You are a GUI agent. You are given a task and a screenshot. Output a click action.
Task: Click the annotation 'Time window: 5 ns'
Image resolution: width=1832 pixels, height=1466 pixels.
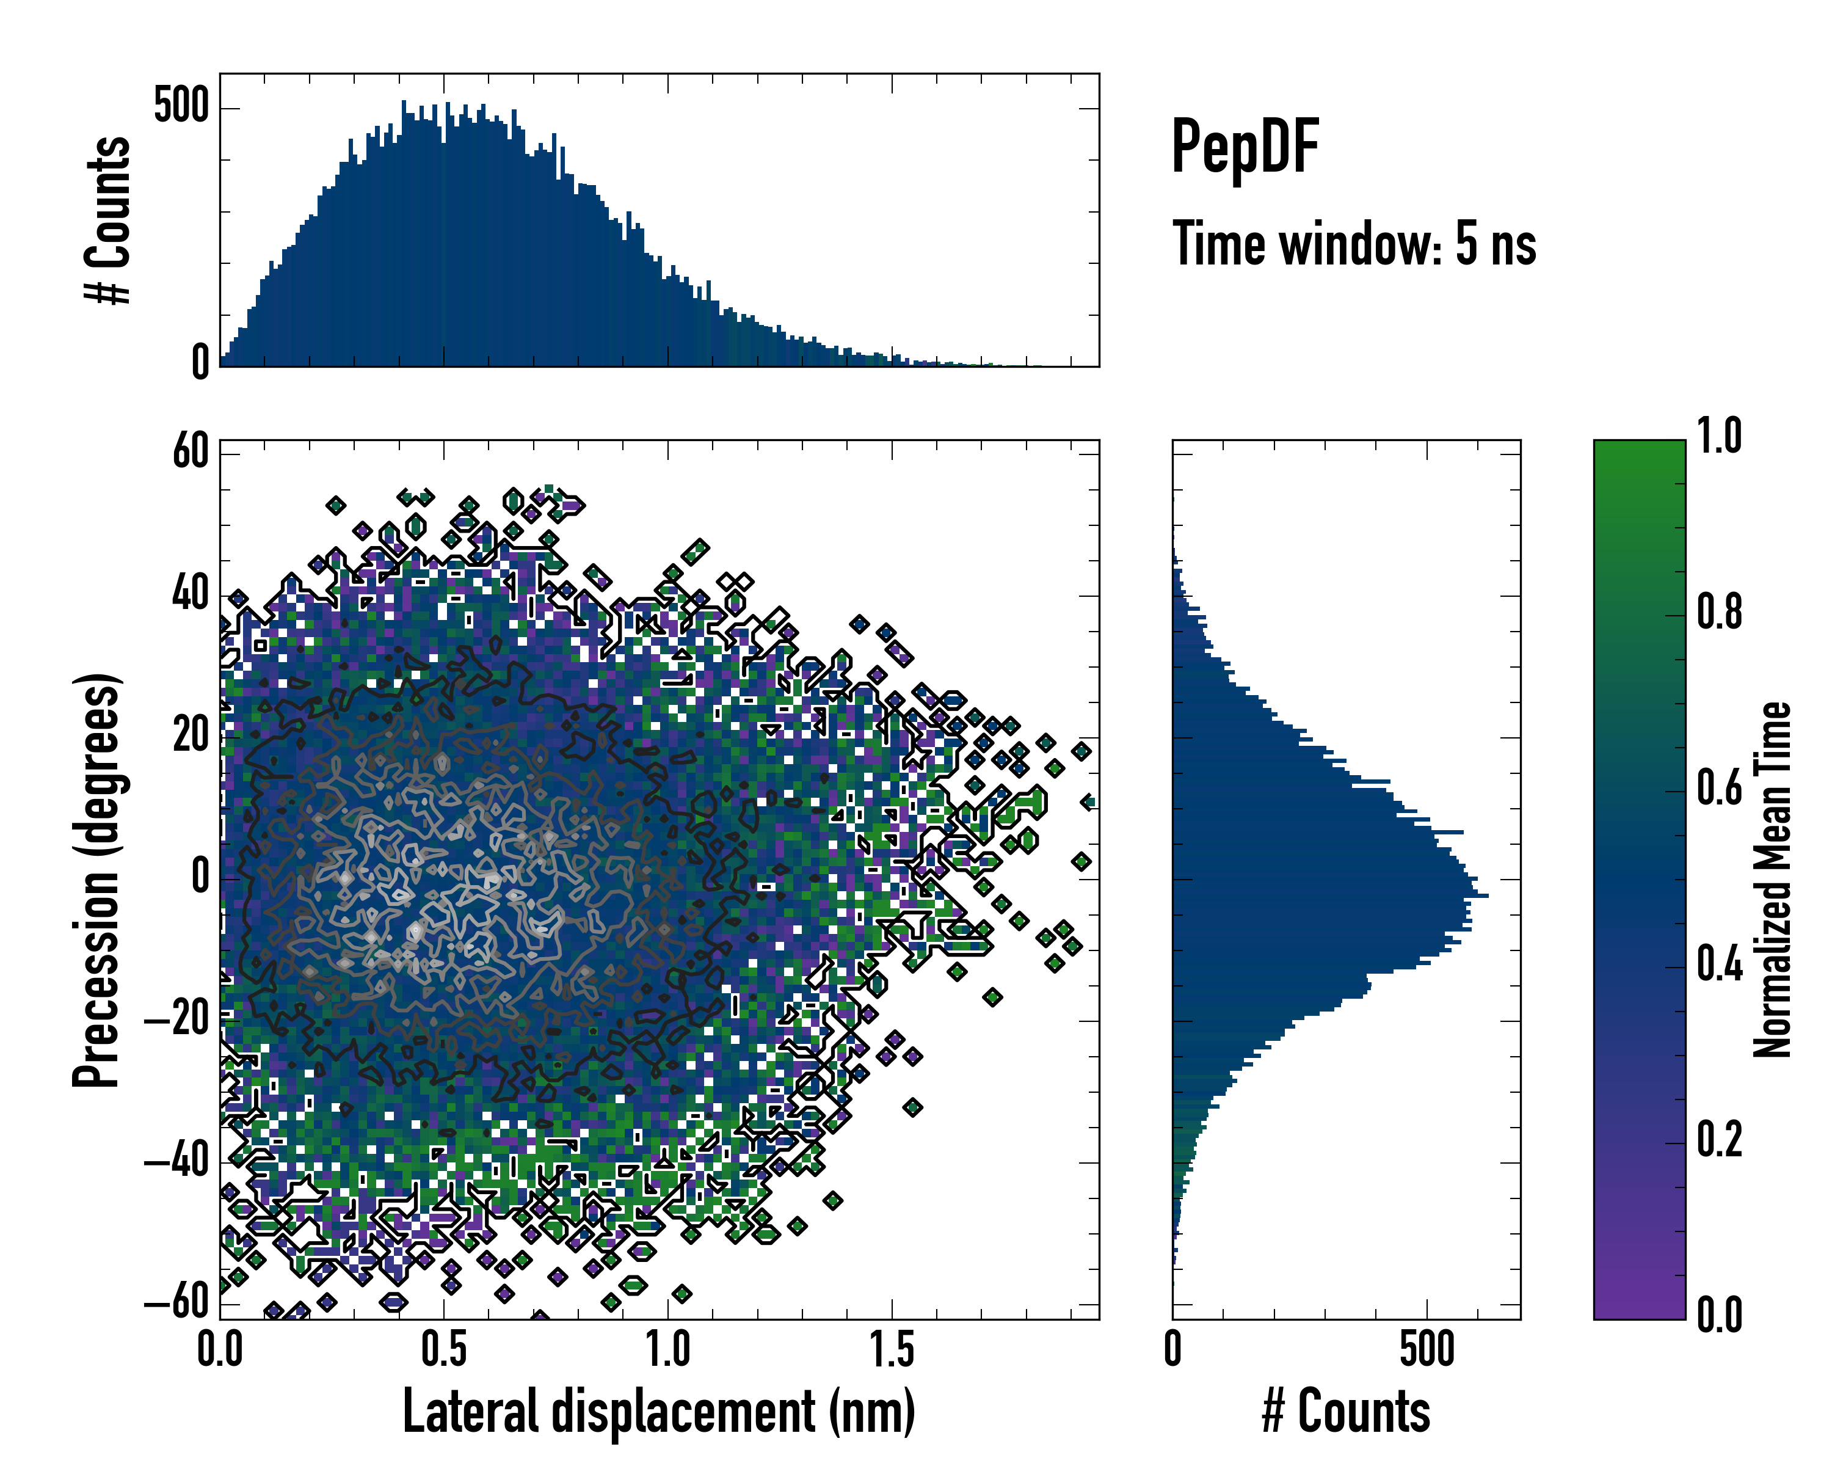point(1354,244)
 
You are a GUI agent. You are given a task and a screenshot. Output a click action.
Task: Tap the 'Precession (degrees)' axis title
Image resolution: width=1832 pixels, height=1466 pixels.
point(95,880)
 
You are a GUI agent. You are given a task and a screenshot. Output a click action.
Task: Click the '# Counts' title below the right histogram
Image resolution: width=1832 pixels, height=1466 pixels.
point(1346,1412)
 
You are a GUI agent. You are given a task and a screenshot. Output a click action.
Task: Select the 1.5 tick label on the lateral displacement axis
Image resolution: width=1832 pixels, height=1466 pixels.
point(892,1351)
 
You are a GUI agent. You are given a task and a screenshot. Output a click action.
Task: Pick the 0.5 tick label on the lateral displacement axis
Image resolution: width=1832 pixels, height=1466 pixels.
point(443,1351)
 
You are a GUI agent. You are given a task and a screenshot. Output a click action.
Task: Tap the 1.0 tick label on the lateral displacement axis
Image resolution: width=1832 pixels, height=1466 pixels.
point(668,1351)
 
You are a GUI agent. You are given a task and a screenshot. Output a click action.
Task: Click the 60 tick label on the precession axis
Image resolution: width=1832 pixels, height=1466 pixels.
point(191,451)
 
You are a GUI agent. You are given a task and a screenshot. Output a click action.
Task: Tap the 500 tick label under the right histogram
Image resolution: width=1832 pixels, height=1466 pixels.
point(1427,1351)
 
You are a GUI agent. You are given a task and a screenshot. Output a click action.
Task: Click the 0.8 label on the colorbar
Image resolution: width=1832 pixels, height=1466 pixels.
point(1719,612)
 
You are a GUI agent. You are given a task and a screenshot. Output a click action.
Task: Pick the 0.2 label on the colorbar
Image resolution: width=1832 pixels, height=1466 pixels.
point(1719,1140)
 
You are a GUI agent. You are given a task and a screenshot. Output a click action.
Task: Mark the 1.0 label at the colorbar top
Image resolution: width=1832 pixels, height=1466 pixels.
point(1719,437)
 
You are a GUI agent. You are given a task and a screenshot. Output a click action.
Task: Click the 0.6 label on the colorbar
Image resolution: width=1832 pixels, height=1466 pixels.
point(1719,788)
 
